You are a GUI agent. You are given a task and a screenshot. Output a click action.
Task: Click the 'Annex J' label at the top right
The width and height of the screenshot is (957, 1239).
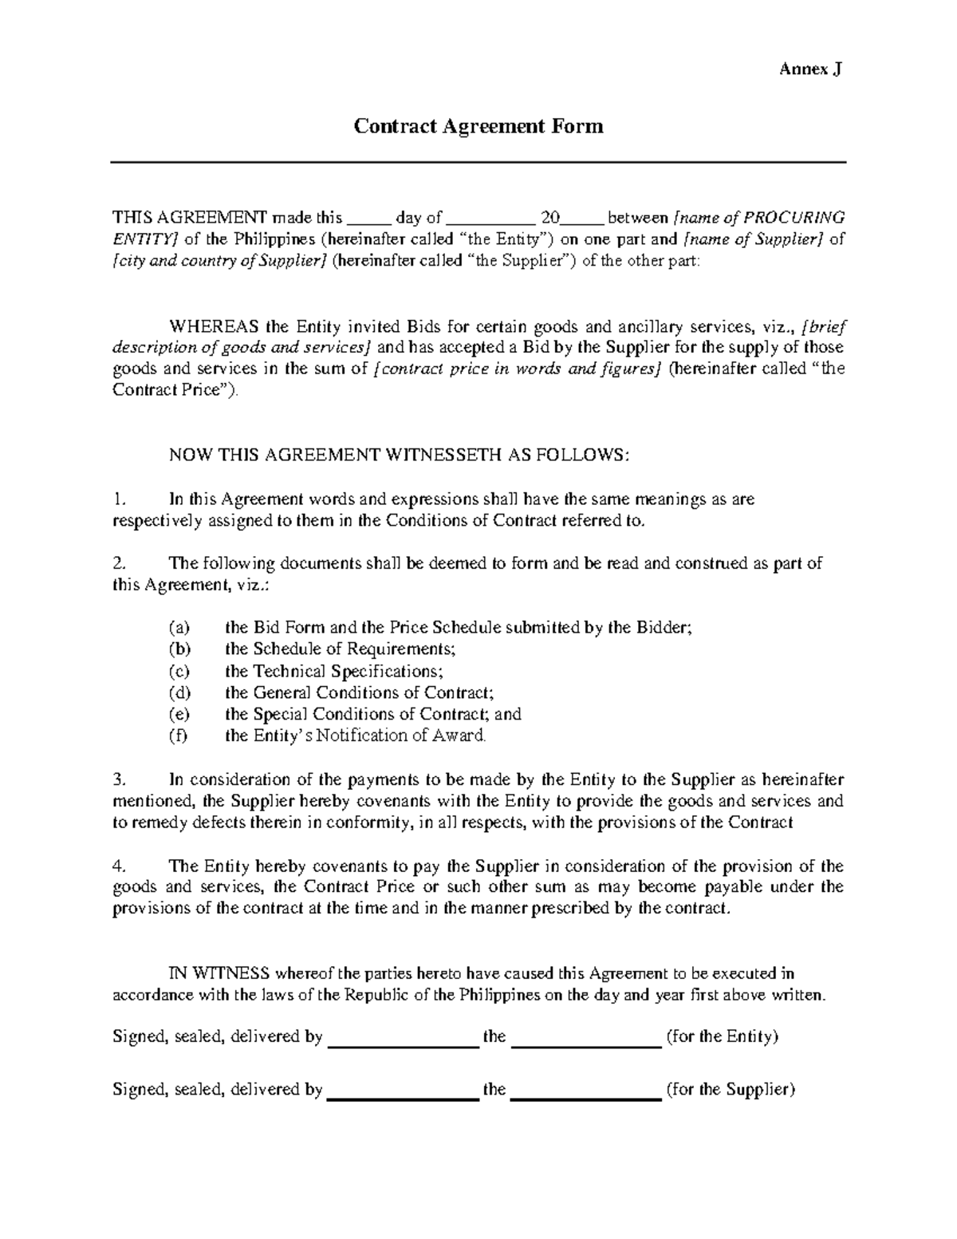(x=810, y=69)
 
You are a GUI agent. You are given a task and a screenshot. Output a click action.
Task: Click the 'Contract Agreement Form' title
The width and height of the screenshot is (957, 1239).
(x=478, y=126)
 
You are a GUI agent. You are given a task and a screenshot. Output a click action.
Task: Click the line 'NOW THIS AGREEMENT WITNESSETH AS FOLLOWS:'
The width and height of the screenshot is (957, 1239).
(x=400, y=455)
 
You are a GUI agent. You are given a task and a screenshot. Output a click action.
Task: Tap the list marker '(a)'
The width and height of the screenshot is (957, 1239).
(x=180, y=628)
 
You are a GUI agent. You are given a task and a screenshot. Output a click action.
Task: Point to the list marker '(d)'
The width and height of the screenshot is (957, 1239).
(x=180, y=692)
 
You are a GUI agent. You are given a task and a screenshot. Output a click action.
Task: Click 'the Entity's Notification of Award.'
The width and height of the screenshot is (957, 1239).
(x=355, y=736)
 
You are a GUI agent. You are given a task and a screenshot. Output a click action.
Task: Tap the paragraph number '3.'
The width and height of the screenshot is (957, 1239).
(x=120, y=779)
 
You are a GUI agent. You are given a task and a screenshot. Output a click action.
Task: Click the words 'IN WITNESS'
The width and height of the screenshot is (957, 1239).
(x=219, y=973)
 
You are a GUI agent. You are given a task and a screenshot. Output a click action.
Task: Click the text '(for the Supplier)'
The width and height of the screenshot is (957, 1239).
(x=731, y=1090)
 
